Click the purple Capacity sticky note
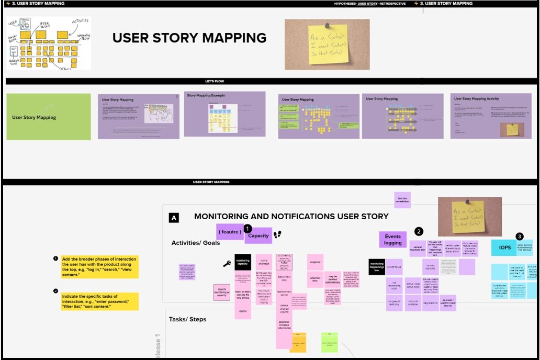(x=258, y=235)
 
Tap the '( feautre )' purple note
(x=230, y=231)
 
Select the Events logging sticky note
(x=392, y=240)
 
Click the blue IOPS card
(x=504, y=248)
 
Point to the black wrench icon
(x=227, y=264)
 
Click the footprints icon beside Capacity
(x=278, y=235)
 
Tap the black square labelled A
(x=174, y=218)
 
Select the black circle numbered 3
(x=519, y=237)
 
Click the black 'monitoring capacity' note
(x=243, y=262)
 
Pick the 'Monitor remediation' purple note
(x=402, y=199)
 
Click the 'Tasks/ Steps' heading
(x=187, y=319)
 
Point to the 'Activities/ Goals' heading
(x=196, y=243)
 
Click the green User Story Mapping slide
(x=48, y=116)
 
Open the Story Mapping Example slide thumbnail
(x=224, y=115)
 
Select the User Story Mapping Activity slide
(x=483, y=116)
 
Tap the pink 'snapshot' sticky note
(x=315, y=262)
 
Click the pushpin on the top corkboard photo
(x=324, y=25)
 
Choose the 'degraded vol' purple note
(x=430, y=303)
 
